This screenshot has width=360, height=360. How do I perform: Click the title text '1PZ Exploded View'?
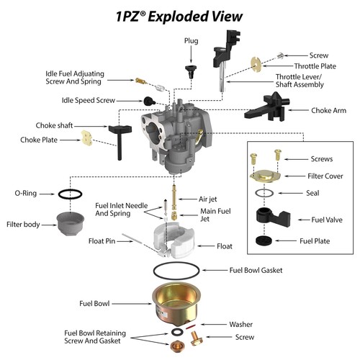(179, 15)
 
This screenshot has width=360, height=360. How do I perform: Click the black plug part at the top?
(192, 69)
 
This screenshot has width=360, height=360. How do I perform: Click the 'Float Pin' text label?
(102, 240)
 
